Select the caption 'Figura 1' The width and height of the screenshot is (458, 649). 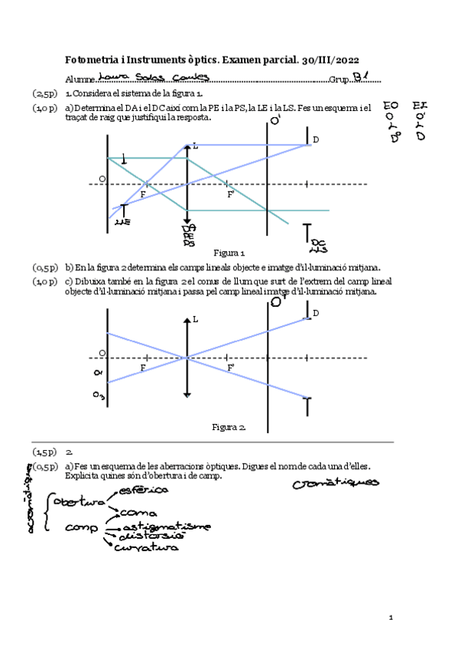coord(229,253)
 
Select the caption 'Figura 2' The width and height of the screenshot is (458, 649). coord(229,426)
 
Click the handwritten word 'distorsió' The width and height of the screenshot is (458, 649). coord(149,536)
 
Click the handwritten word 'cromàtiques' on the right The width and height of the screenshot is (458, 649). coord(336,482)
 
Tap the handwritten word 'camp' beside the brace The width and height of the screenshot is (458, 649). coord(82,527)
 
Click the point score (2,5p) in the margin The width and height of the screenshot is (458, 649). coord(44,93)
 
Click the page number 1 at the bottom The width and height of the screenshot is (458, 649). coord(390,617)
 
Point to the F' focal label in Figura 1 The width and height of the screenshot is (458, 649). coord(230,194)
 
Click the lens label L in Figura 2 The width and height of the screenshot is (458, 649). coord(195,318)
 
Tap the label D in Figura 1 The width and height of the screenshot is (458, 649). coord(315,139)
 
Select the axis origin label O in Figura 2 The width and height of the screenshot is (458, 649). coord(102,352)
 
